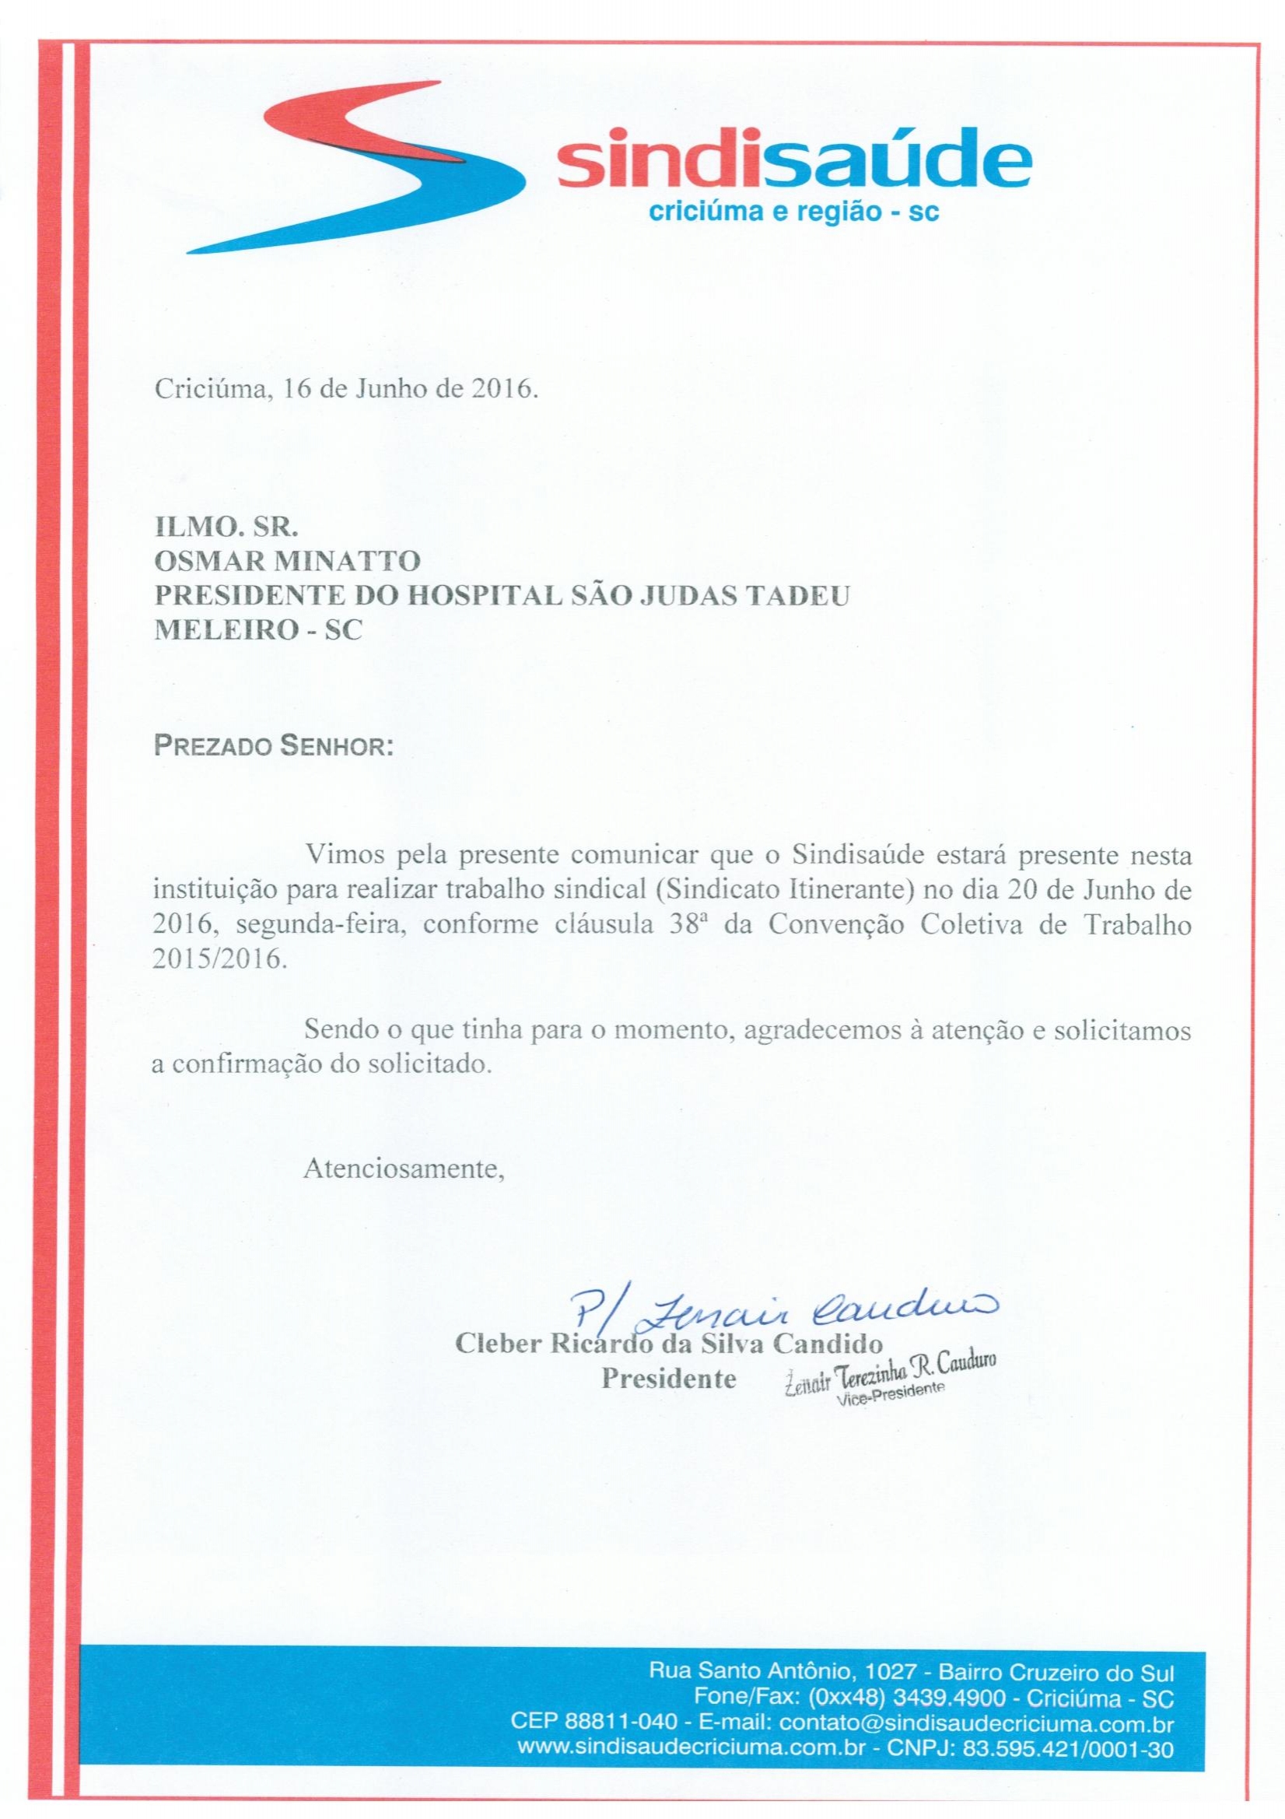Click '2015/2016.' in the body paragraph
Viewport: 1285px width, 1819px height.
pos(215,959)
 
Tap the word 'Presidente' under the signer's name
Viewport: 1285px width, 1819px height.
pos(669,1379)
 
